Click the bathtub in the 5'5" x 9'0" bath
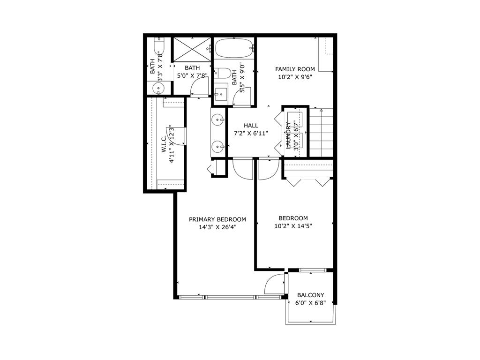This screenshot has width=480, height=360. (x=233, y=48)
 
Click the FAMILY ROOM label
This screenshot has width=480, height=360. (x=295, y=69)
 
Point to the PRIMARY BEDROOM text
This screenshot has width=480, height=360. (x=217, y=219)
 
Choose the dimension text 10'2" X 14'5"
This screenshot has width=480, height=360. (x=293, y=226)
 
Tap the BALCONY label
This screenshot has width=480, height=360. (x=311, y=295)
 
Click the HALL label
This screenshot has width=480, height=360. (x=251, y=126)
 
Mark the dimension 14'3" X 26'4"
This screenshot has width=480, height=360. (x=217, y=227)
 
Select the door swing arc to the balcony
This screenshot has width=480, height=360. (x=274, y=284)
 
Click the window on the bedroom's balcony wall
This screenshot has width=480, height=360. (x=312, y=270)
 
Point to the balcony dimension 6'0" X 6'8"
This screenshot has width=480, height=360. (x=311, y=303)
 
